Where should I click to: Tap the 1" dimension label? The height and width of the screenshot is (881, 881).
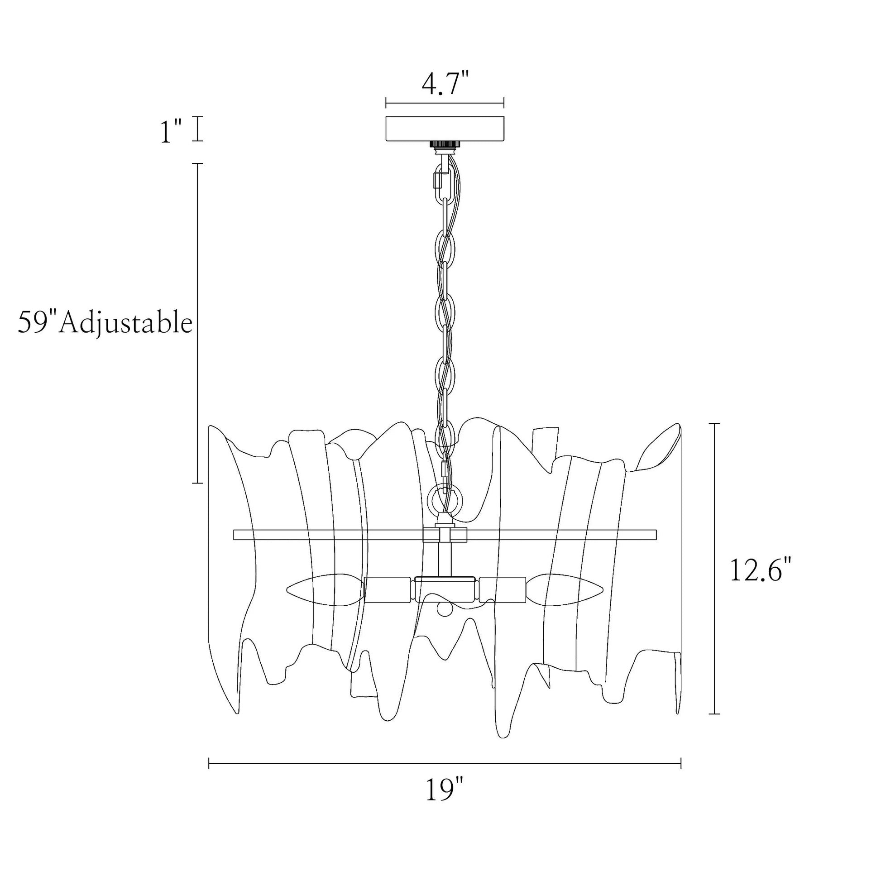(171, 130)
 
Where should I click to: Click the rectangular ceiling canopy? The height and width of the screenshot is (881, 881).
(445, 129)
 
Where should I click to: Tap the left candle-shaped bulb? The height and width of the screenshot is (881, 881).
(326, 590)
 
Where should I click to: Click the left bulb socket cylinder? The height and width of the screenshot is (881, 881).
(388, 590)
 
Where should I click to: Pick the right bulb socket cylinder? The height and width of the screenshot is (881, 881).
(503, 590)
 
